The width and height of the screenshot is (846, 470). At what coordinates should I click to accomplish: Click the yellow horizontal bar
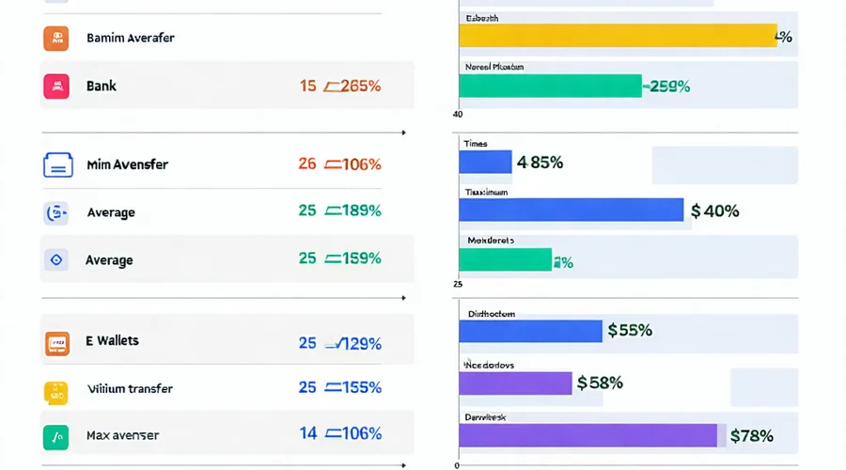click(x=618, y=36)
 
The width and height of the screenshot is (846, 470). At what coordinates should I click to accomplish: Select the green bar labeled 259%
click(x=550, y=86)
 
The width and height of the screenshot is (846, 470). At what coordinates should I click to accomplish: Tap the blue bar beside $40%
click(x=571, y=210)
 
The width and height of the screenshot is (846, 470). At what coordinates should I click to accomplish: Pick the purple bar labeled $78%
click(x=587, y=435)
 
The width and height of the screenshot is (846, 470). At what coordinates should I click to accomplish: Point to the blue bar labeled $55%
click(x=530, y=331)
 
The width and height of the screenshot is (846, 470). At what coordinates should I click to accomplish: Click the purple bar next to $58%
click(x=515, y=383)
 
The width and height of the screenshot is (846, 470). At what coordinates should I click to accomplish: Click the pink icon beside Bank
click(x=56, y=86)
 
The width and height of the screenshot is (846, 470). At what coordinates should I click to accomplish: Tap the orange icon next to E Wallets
click(x=56, y=343)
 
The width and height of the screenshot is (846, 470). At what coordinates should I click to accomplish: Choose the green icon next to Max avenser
click(x=56, y=436)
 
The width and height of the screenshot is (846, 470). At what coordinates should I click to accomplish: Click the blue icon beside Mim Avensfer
click(x=57, y=164)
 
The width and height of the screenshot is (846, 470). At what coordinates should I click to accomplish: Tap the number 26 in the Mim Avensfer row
click(x=307, y=164)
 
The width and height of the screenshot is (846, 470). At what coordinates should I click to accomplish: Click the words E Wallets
click(x=112, y=341)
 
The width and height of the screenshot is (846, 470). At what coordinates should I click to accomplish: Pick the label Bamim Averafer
click(x=130, y=39)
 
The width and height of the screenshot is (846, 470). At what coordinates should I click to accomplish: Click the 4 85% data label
click(x=540, y=163)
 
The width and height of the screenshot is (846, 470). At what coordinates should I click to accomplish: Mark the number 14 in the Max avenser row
click(x=307, y=433)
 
